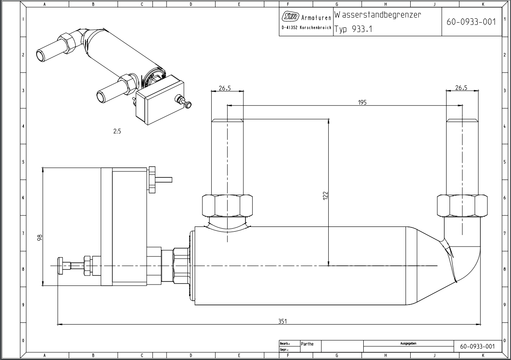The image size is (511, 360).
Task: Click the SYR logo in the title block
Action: pos(290,17)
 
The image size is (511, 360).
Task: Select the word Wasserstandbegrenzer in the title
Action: pos(378,15)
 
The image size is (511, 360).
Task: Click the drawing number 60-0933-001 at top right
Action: pos(471,22)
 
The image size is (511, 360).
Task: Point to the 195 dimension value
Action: pos(362,102)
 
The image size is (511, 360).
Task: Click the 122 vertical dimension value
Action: pos(326,195)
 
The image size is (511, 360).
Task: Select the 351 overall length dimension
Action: pos(283,321)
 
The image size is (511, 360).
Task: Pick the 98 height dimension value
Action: pos(40,238)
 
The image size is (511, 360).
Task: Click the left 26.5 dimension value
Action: pos(225,88)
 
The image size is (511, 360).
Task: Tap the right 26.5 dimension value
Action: pos(461,87)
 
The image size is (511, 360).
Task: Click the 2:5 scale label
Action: pos(117,131)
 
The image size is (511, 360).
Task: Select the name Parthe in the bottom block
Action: pos(307,344)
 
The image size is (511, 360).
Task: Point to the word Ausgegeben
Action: pos(408,343)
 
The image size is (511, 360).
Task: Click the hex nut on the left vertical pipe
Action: pos(228,206)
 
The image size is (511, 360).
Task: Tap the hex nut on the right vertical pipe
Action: pos(462,206)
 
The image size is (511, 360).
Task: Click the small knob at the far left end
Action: pos(60,266)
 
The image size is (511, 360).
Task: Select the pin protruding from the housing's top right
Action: pos(164,179)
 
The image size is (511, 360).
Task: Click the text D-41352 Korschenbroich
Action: pos(307,28)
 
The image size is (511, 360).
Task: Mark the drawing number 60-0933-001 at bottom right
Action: pos(477,346)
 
